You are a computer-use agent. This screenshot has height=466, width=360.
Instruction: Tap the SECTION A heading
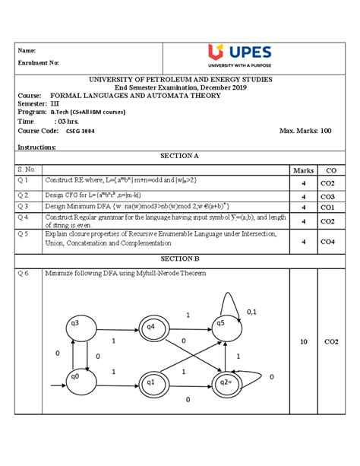coord(180,154)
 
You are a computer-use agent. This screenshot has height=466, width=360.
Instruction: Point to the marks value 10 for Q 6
coord(303,343)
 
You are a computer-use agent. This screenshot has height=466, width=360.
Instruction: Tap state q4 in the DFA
coord(150,328)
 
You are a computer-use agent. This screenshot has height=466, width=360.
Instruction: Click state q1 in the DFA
coord(150,382)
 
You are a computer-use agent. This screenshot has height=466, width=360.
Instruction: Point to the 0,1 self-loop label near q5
coord(251,312)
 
